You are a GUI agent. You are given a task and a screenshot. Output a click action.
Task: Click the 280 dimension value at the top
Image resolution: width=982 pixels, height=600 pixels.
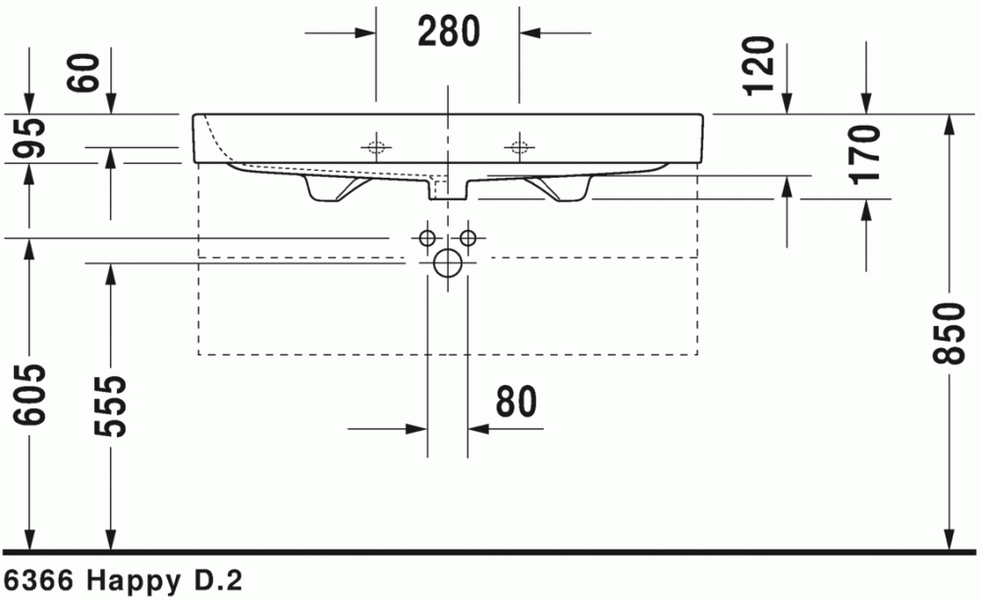pyautogui.click(x=449, y=31)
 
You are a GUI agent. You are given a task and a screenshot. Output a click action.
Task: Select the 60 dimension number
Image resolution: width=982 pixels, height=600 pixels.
pyautogui.click(x=84, y=74)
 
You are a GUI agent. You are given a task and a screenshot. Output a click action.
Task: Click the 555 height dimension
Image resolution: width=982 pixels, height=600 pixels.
pyautogui.click(x=110, y=406)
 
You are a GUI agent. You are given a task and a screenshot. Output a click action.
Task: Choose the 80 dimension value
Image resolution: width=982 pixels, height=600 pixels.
pyautogui.click(x=517, y=402)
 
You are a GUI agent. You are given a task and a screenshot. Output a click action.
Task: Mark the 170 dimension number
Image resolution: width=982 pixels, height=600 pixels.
pyautogui.click(x=866, y=155)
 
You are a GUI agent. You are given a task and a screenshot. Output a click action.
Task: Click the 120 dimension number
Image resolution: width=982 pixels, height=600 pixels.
pyautogui.click(x=761, y=66)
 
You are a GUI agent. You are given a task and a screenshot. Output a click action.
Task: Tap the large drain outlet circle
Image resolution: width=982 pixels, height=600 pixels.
pyautogui.click(x=448, y=263)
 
